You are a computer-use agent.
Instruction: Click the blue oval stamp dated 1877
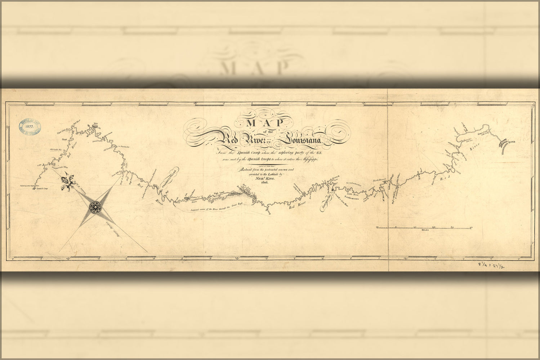point(30,126)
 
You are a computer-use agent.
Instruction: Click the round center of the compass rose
point(95,207)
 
